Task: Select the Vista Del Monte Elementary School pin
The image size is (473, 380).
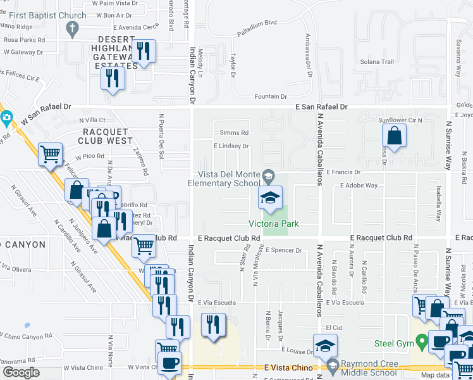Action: [x=270, y=199]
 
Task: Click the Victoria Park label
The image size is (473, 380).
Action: [x=273, y=224]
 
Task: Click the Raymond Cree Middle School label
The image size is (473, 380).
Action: [x=361, y=369]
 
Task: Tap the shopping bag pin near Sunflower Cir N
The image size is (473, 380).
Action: [x=394, y=137]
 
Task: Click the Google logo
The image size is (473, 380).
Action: [x=21, y=372]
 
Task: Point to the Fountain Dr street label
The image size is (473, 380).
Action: [x=271, y=97]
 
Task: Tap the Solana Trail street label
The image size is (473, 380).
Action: [x=378, y=61]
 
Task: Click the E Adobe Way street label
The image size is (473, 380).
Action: [x=359, y=186]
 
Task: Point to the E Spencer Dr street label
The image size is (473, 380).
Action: [x=284, y=250]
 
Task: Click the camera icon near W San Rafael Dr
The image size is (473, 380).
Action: [x=6, y=117]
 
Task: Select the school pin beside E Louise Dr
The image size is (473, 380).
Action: [x=325, y=345]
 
